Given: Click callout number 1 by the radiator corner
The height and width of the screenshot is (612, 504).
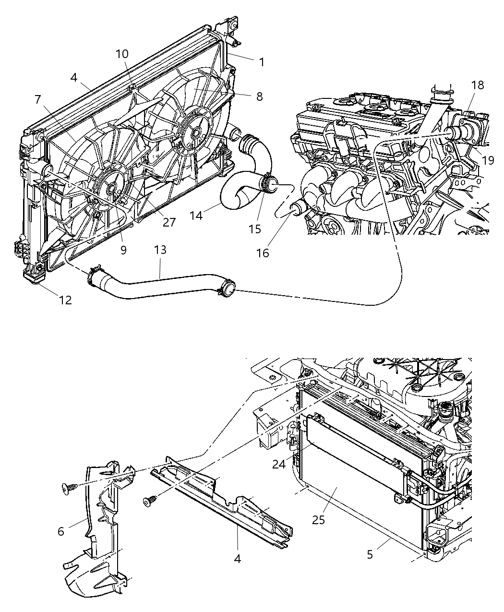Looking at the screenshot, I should pos(262,62).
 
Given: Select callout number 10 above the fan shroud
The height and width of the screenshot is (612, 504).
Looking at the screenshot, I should pos(122,54).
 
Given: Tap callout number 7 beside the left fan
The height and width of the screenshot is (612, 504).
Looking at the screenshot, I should pos(38,99).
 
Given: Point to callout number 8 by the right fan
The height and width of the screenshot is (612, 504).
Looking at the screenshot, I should pos(259,96).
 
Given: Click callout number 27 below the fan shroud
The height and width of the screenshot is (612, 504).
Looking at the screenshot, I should pos(169,222).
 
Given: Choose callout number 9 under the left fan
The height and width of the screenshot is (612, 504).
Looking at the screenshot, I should pos(123,250).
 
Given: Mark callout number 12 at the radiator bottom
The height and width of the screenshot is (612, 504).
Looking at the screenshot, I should pos(65,300).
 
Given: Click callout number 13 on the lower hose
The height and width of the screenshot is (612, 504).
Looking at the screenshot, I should pos(160,250).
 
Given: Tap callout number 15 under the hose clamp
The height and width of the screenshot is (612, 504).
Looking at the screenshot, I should pos(255,229).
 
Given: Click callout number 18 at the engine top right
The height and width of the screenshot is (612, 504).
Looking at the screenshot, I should pos(477,85).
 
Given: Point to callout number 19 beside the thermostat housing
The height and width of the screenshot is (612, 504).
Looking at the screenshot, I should pos(488,160).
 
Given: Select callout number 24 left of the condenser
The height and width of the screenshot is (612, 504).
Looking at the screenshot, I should pos(279,464).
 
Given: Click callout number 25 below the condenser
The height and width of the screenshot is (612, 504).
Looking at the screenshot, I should pos(319,519).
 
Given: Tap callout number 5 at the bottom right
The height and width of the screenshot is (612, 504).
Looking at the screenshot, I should pos(370,554).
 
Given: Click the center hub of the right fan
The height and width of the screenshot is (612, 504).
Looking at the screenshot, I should pos(195,132).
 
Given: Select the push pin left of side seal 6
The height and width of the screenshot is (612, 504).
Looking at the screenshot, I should pos(67,488).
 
